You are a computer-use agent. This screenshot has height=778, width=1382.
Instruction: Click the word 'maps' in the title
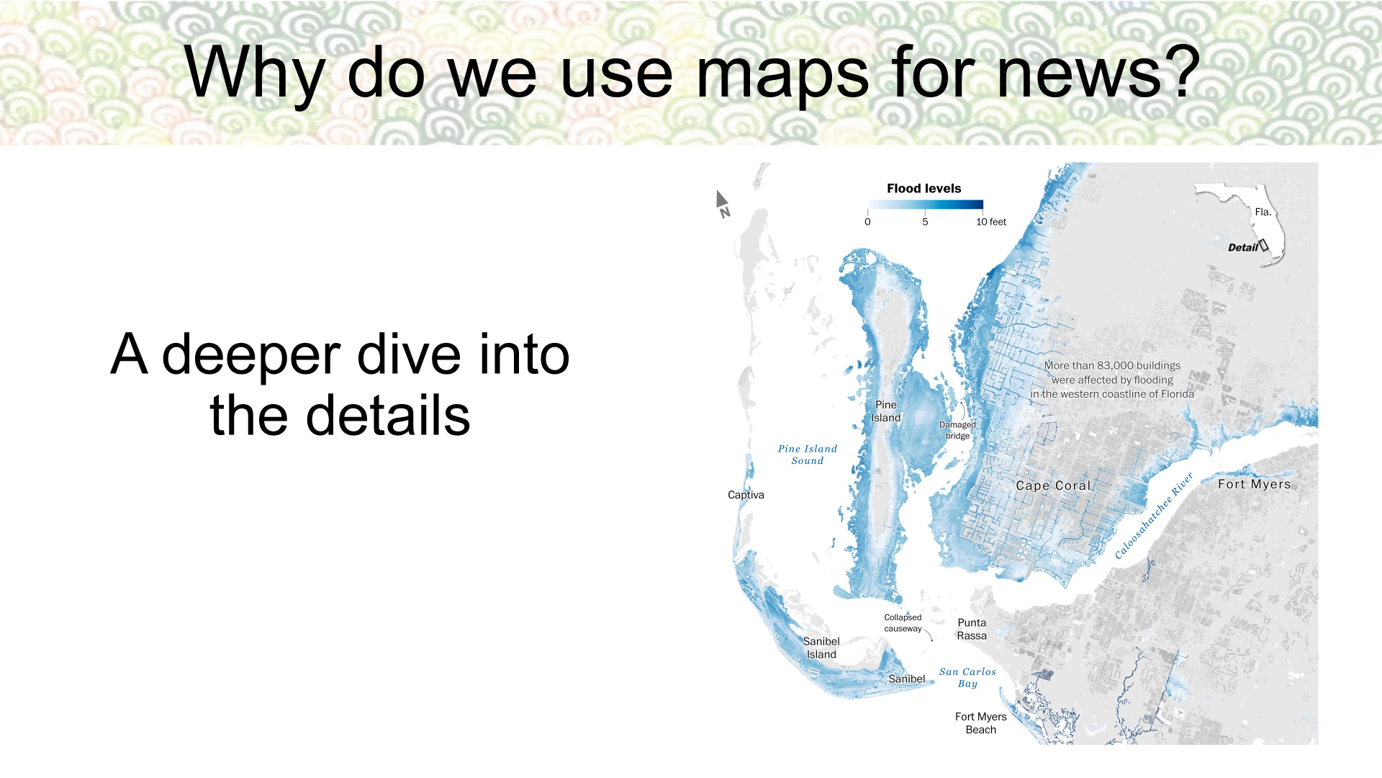click(x=782, y=73)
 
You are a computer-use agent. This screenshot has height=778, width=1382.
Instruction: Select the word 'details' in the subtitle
click(x=388, y=416)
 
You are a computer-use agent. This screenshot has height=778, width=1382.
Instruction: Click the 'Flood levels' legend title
click(x=923, y=189)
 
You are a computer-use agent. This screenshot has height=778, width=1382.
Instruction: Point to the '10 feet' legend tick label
click(x=991, y=222)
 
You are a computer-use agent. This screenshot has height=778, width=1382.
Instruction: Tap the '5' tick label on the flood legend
click(x=925, y=222)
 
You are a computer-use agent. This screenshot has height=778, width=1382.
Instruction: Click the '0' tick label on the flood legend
click(x=867, y=222)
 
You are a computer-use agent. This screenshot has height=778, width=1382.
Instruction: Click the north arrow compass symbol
click(x=723, y=203)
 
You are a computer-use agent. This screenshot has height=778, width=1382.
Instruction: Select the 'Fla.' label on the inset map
click(x=1263, y=212)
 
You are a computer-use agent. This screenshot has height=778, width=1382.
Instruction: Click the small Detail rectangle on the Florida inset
click(x=1263, y=246)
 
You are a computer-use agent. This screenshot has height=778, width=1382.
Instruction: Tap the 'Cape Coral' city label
click(x=1053, y=486)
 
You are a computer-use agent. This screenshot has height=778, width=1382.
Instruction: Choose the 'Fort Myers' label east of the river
click(x=1254, y=484)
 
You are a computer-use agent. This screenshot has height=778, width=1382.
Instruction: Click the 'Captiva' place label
click(x=746, y=495)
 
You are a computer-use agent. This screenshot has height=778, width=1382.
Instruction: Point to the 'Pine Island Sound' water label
click(x=808, y=455)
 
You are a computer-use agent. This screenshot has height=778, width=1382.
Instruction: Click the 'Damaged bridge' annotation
click(x=957, y=430)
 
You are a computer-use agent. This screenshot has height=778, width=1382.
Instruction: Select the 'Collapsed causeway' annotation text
click(x=903, y=623)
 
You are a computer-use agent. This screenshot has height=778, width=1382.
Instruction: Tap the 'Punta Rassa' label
click(x=972, y=629)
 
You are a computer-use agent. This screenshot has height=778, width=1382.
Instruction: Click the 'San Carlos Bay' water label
click(x=967, y=678)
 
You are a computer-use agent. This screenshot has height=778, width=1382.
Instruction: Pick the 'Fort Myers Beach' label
click(x=980, y=723)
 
